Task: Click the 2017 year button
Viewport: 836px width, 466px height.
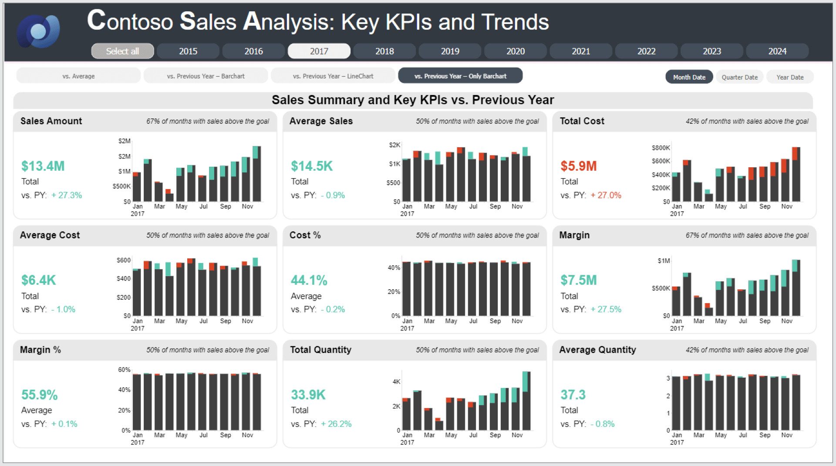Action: pos(319,51)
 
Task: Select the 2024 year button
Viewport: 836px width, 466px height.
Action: pos(777,51)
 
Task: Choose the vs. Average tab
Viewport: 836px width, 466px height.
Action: pos(78,76)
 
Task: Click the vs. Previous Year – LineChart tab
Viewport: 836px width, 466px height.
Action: pos(333,76)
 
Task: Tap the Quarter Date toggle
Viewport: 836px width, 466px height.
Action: pos(739,77)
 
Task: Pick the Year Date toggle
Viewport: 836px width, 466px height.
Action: pos(790,77)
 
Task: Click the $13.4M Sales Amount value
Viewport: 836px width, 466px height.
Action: pos(43,166)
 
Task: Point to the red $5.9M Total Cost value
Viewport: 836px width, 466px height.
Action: pos(578,166)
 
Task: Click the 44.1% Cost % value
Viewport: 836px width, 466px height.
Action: pos(309,280)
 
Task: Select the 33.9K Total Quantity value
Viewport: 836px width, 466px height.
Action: pos(308,395)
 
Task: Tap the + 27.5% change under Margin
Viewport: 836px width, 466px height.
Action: pos(606,309)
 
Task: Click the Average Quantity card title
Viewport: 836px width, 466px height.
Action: pos(597,350)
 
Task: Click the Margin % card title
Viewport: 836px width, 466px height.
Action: pos(40,350)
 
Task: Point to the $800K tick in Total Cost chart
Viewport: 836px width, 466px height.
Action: pos(661,148)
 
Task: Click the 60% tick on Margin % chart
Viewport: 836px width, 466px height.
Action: pos(124,369)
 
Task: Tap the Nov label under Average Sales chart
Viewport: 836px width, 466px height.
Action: pos(517,206)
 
